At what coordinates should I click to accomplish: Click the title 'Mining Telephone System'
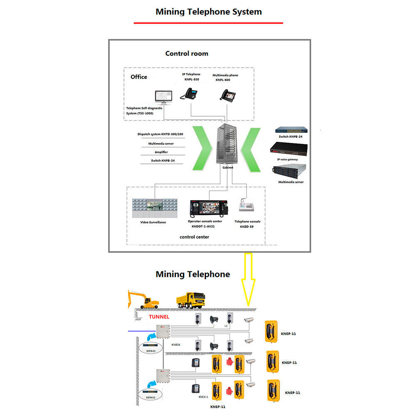(x=208, y=12)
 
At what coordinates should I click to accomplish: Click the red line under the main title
(x=208, y=23)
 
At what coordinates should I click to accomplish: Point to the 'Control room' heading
(x=187, y=53)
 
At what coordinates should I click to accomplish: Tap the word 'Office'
(x=139, y=77)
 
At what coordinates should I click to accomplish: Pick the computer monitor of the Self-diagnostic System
(x=163, y=97)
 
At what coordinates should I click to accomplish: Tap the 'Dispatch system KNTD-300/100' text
(x=160, y=134)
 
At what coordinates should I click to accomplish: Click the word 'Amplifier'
(x=161, y=152)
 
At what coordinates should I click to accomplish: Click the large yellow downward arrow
(x=249, y=283)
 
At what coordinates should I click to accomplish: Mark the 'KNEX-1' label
(x=203, y=397)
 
